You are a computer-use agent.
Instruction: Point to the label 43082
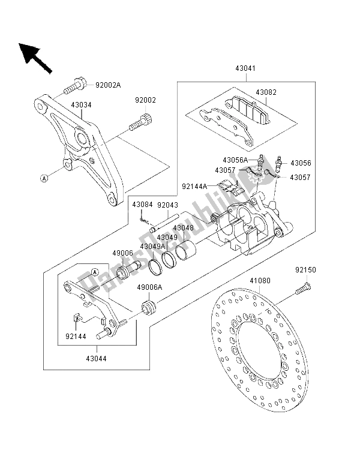click(266, 92)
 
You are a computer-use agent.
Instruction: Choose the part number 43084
click(142, 205)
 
